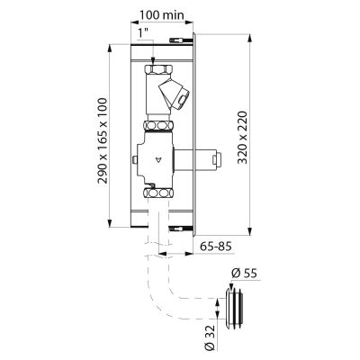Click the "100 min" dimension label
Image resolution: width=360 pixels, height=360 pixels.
pyautogui.click(x=162, y=15)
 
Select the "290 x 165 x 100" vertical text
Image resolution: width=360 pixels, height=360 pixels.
pyautogui.click(x=103, y=140)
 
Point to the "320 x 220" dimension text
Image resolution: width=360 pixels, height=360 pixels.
pyautogui.click(x=242, y=138)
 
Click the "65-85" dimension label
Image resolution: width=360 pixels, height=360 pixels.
pyautogui.click(x=216, y=247)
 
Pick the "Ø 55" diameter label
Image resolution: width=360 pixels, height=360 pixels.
pyautogui.click(x=244, y=274)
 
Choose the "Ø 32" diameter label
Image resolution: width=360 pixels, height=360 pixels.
pyautogui.click(x=211, y=337)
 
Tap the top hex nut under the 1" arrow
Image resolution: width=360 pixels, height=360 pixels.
pyautogui.click(x=159, y=70)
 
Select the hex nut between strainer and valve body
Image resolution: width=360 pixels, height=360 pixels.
pyautogui.click(x=159, y=125)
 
